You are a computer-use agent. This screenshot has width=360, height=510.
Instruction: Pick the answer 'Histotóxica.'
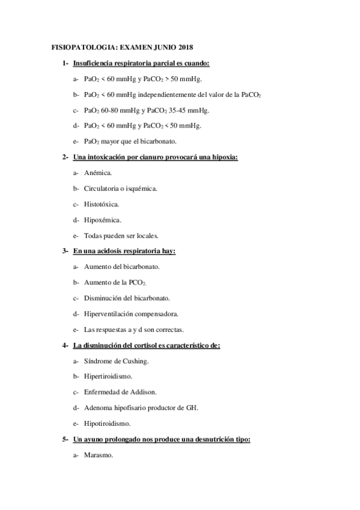click(x=102, y=204)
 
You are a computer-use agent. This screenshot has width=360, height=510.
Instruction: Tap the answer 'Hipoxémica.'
click(x=102, y=220)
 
